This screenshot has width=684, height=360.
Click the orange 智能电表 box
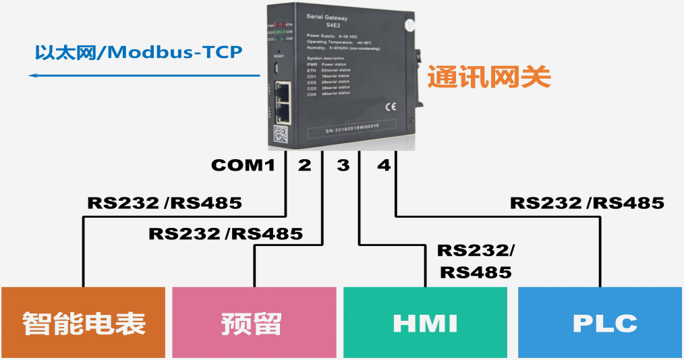tap(83, 323)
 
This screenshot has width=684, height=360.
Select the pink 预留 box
tap(254, 323)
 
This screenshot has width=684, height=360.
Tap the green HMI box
tap(425, 323)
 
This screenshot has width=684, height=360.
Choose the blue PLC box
tap(600, 323)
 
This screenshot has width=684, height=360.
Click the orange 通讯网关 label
tap(489, 78)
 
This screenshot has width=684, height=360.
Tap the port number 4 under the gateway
tap(384, 165)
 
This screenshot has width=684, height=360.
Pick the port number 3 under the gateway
tap(343, 165)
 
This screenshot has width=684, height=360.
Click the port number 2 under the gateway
tap(304, 165)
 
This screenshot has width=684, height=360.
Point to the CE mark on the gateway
tap(391, 106)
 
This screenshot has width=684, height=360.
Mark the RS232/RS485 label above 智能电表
tap(164, 203)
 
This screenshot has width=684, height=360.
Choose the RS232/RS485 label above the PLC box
tap(587, 203)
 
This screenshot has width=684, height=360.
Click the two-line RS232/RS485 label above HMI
tap(475, 261)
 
